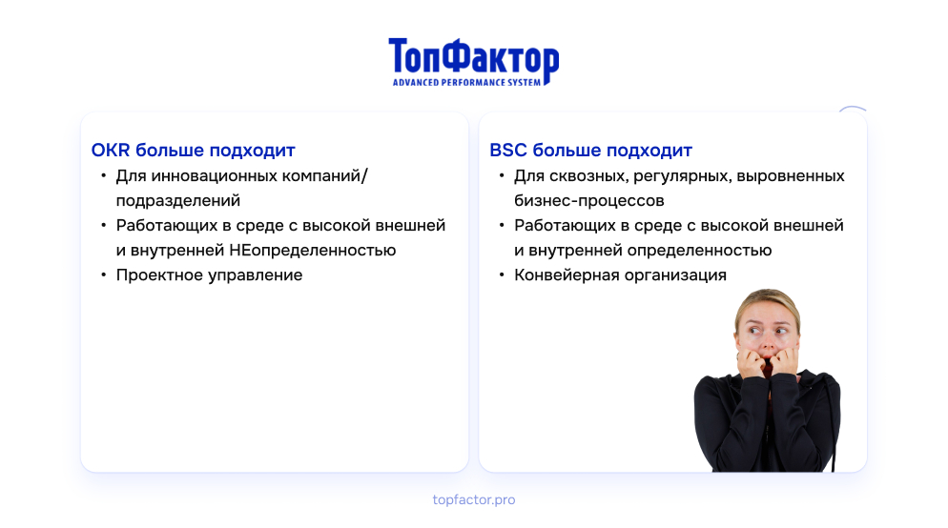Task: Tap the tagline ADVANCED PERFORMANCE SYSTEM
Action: tap(466, 82)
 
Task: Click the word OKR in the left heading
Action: tap(111, 150)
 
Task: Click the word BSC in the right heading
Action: tap(507, 150)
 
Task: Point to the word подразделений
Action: tap(178, 201)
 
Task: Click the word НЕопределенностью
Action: tap(313, 250)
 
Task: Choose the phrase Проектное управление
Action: tap(209, 275)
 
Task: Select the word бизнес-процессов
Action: tap(589, 201)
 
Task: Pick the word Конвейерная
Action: tap(567, 274)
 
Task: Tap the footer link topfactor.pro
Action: tap(474, 500)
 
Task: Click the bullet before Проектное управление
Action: tap(103, 274)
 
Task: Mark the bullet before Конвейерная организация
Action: tap(502, 274)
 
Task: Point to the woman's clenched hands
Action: tap(767, 362)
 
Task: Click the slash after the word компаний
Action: tap(364, 175)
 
